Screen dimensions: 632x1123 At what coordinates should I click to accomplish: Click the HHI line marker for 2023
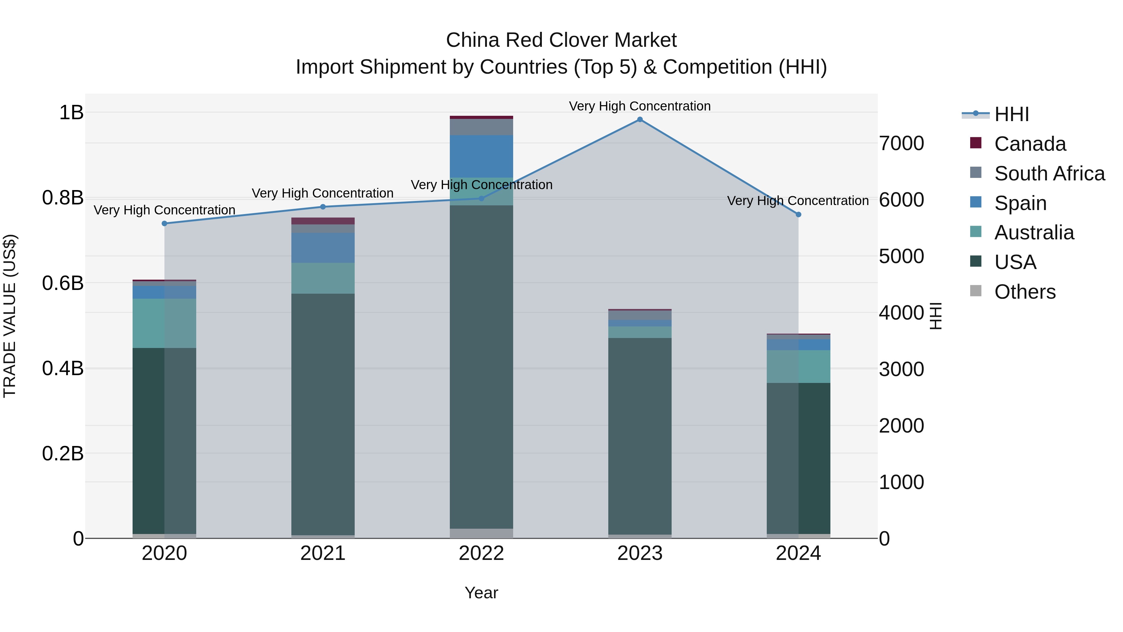pyautogui.click(x=639, y=120)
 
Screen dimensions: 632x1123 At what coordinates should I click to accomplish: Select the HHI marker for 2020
pyautogui.click(x=164, y=223)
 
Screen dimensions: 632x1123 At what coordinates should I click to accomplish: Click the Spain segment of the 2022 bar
pyautogui.click(x=481, y=156)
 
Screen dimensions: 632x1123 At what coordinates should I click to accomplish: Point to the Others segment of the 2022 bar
pyautogui.click(x=481, y=533)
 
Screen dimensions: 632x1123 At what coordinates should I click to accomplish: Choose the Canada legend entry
pyautogui.click(x=1030, y=144)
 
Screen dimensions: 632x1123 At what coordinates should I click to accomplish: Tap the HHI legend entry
pyautogui.click(x=1011, y=114)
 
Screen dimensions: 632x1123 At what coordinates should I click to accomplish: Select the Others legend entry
pyautogui.click(x=1024, y=292)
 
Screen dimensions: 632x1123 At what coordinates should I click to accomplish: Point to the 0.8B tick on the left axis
pyautogui.click(x=63, y=198)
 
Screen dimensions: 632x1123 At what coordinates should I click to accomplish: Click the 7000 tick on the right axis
pyautogui.click(x=901, y=144)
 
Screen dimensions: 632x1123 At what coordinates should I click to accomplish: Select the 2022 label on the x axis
pyautogui.click(x=481, y=553)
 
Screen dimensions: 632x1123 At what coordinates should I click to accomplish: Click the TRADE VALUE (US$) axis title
pyautogui.click(x=10, y=316)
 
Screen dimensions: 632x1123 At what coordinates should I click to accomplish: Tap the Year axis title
pyautogui.click(x=481, y=593)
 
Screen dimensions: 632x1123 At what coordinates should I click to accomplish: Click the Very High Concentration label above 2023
pyautogui.click(x=639, y=106)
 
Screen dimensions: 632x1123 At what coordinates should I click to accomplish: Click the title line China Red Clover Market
pyautogui.click(x=561, y=40)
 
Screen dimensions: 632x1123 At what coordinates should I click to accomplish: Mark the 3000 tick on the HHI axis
pyautogui.click(x=901, y=370)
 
